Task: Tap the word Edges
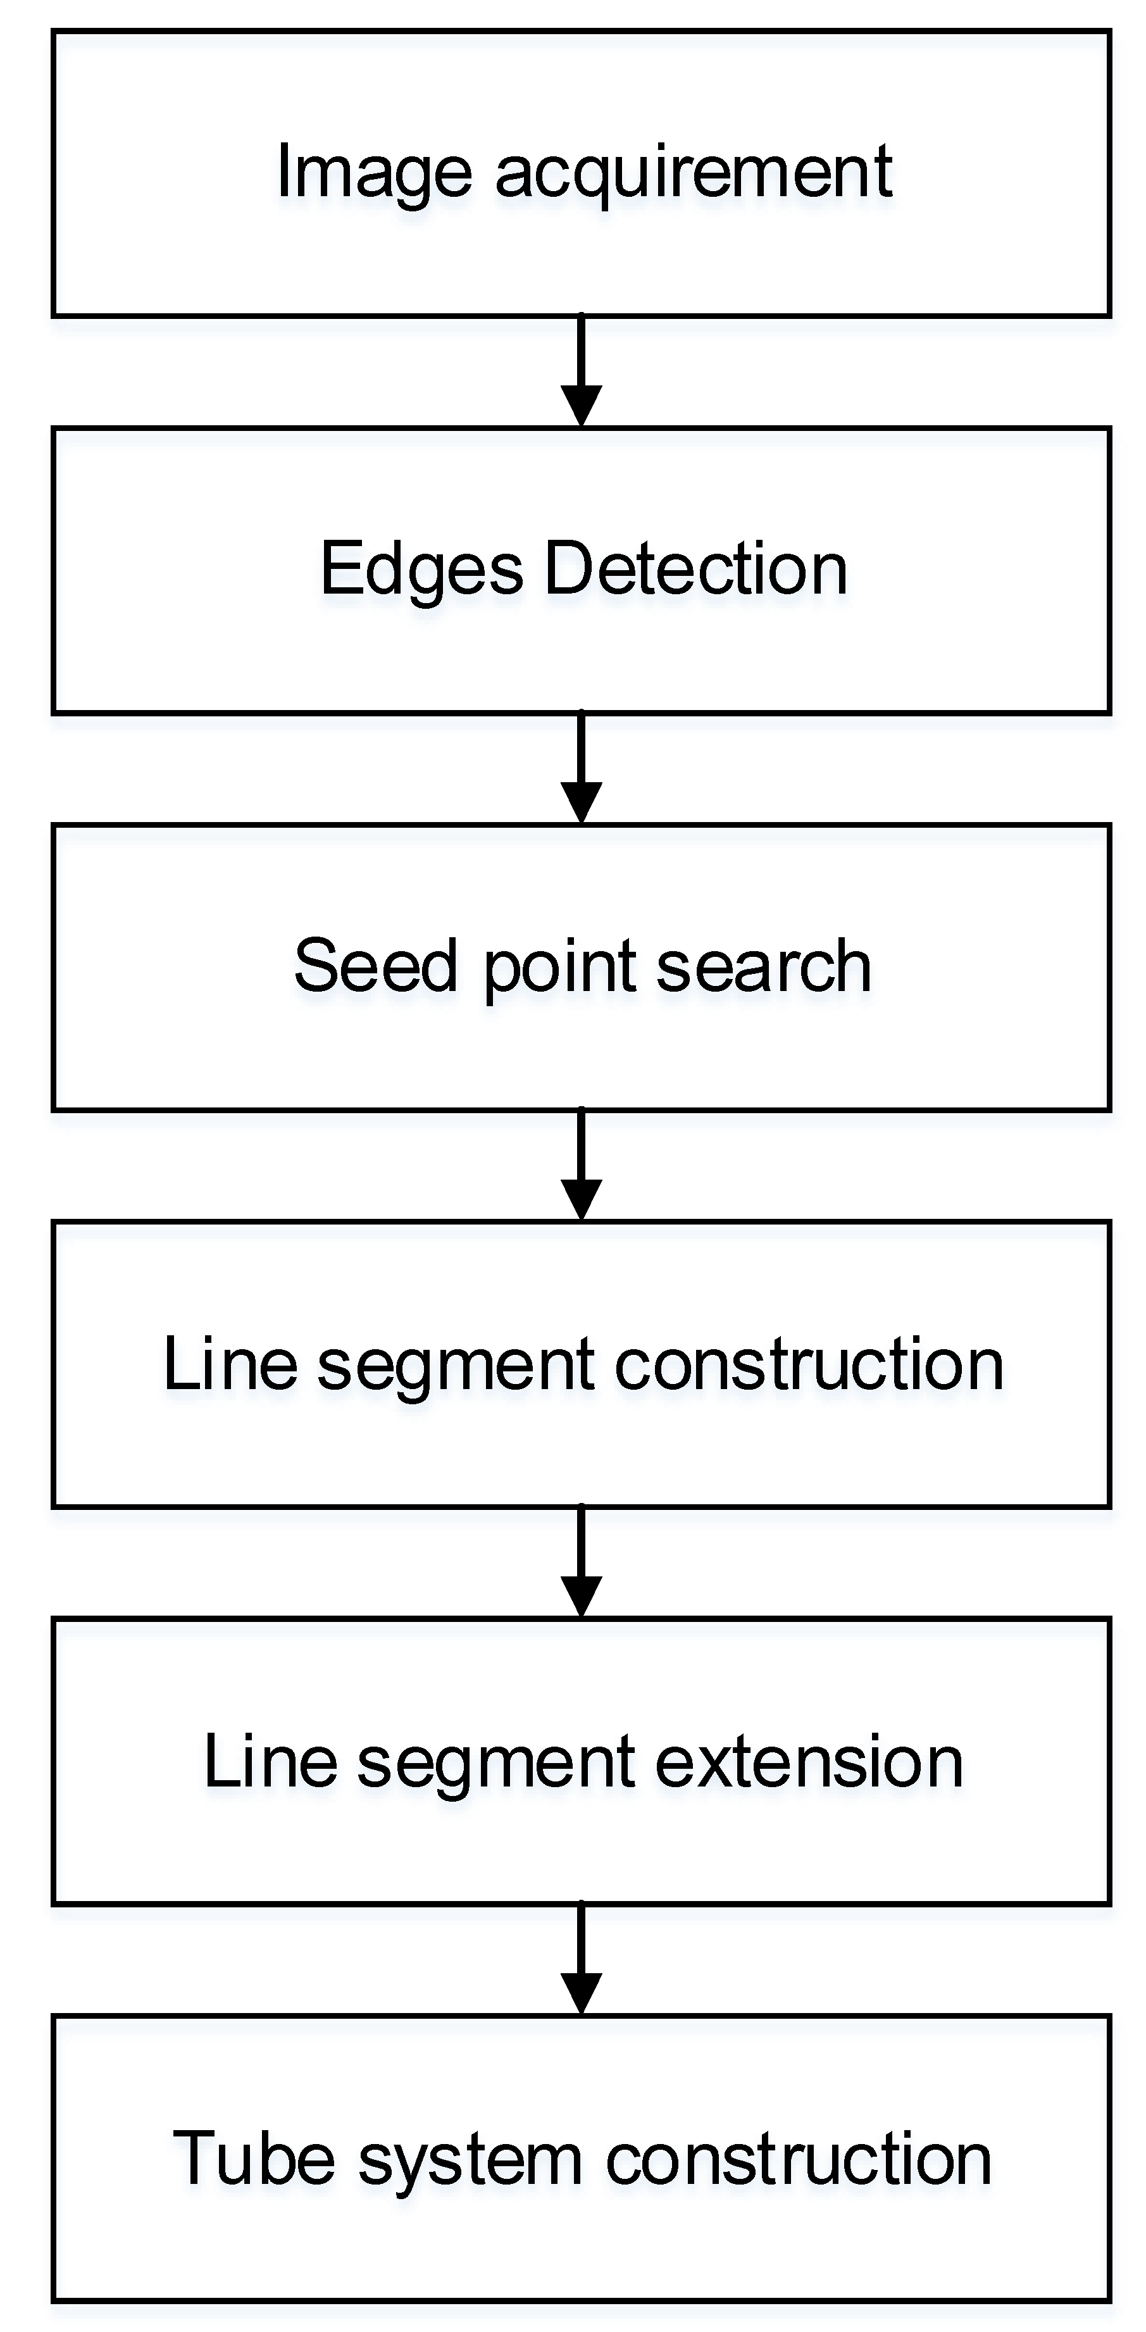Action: [x=421, y=570]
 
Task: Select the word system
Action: [x=470, y=2160]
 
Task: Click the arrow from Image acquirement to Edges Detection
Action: [x=581, y=371]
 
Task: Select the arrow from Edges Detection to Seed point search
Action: [x=581, y=768]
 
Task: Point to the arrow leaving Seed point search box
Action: [x=581, y=1165]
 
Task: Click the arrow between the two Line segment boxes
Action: [x=581, y=1562]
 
